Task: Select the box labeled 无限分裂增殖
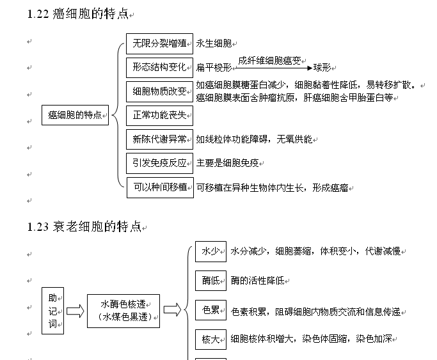click(159, 44)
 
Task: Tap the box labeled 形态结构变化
click(159, 67)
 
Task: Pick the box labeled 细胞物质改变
click(159, 91)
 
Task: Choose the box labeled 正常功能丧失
click(159, 115)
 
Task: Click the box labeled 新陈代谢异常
click(159, 139)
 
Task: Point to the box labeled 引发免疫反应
click(159, 162)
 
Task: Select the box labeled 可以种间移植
click(159, 187)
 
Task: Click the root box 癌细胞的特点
click(75, 115)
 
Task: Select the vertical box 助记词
click(52, 311)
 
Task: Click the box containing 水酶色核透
click(124, 311)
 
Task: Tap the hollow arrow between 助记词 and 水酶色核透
click(75, 311)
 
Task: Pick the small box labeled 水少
click(211, 251)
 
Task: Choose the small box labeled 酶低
click(211, 281)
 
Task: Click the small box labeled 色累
click(211, 311)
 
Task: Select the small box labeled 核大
click(211, 339)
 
